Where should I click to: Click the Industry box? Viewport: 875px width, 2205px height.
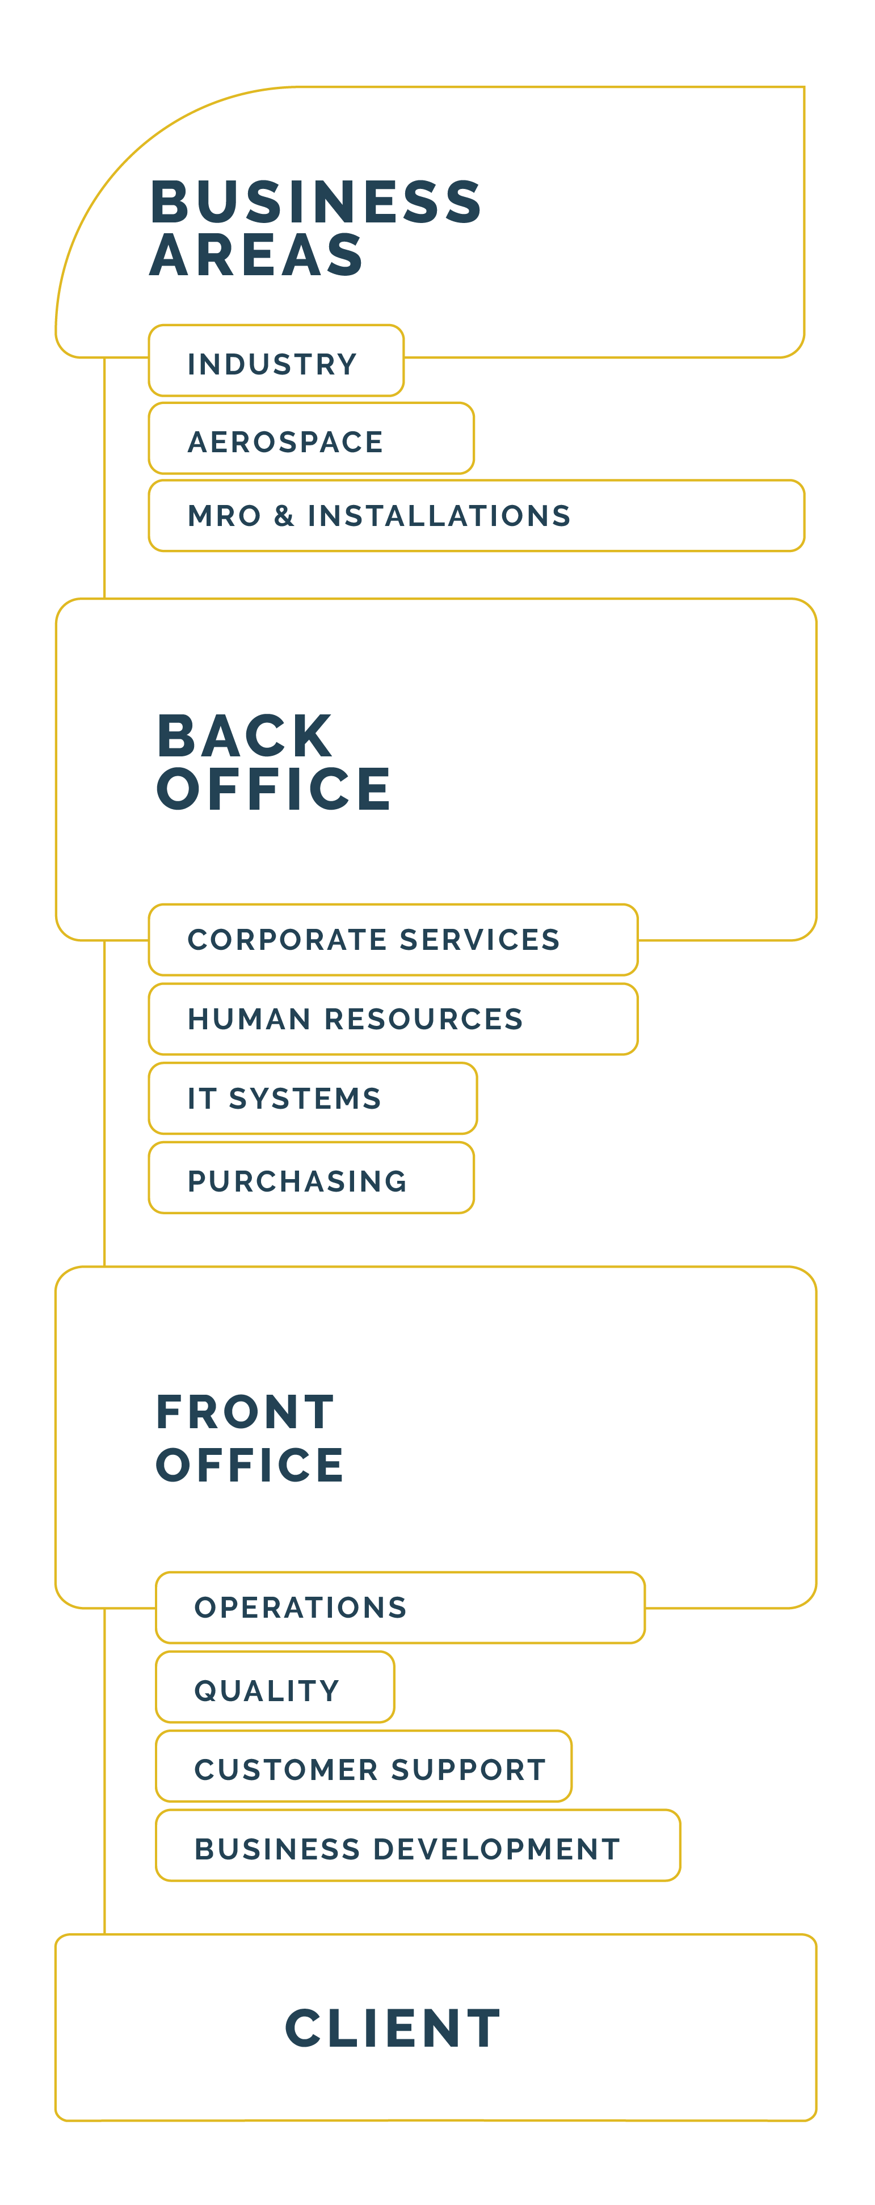click(276, 360)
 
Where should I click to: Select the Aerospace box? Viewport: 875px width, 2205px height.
click(311, 438)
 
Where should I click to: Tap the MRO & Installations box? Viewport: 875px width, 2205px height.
click(476, 515)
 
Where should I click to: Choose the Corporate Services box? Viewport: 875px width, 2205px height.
click(393, 939)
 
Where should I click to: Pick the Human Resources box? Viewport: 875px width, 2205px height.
click(393, 1019)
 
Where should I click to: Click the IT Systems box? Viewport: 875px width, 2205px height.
click(313, 1098)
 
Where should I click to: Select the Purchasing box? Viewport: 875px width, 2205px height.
click(311, 1178)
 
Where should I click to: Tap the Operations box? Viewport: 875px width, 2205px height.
click(400, 1607)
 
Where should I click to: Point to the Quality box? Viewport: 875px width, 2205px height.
click(275, 1687)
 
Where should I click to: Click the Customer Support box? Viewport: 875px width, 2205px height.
click(364, 1766)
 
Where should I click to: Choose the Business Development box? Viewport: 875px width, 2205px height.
click(418, 1845)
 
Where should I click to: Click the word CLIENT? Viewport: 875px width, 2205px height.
click(393, 2028)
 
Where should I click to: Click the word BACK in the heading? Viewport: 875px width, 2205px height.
click(245, 735)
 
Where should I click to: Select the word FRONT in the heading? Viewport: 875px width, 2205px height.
click(245, 1412)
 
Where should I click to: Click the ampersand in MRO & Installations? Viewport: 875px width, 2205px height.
click(284, 515)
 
